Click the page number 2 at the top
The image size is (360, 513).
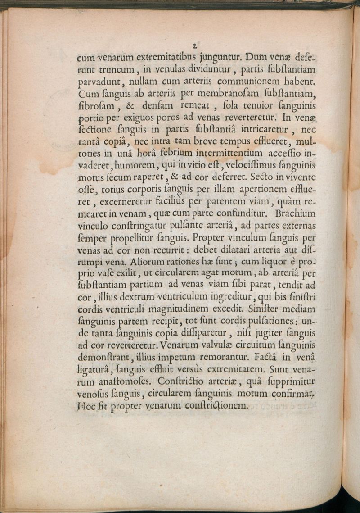(x=195, y=45)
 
